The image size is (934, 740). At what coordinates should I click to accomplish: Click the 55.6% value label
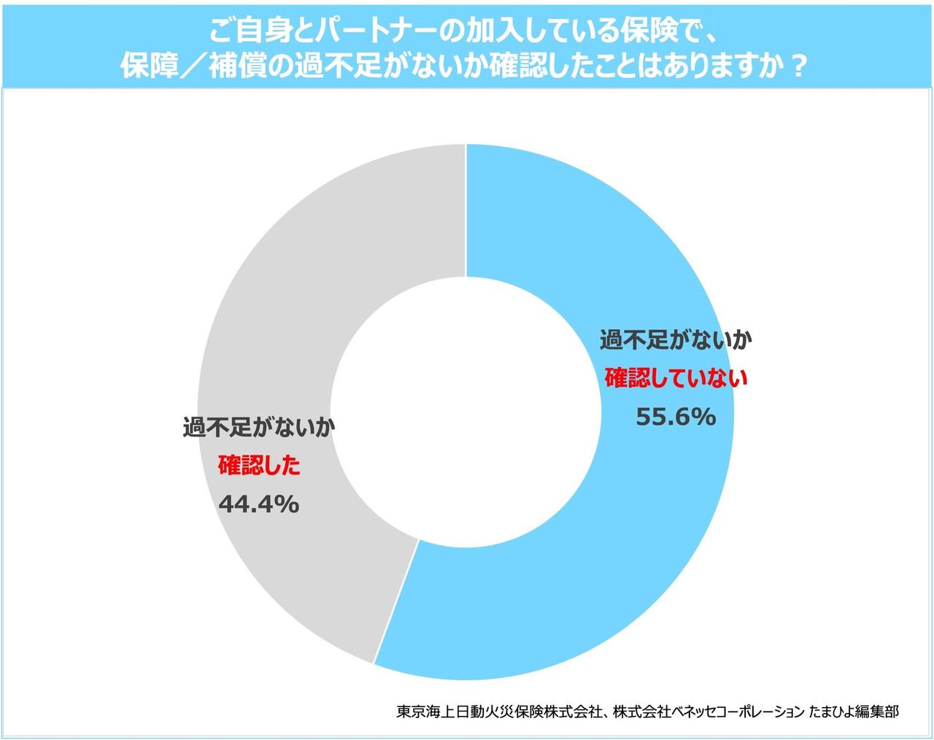click(675, 417)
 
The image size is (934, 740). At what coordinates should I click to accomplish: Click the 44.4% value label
click(259, 504)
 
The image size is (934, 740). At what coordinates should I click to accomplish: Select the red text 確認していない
click(676, 379)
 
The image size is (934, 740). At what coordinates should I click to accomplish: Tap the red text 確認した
click(260, 466)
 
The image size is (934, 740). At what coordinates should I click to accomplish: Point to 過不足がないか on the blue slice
click(676, 340)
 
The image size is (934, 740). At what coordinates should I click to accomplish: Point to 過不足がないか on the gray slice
click(259, 428)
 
